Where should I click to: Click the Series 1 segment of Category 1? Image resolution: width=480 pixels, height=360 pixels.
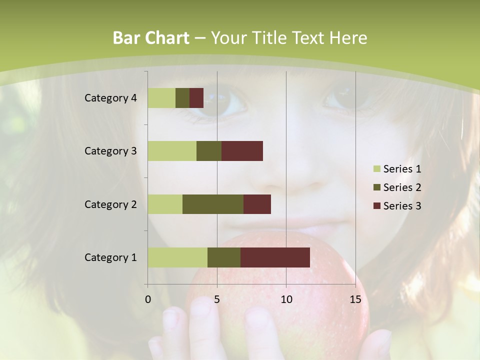177,257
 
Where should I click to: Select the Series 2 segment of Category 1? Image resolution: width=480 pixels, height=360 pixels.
224,257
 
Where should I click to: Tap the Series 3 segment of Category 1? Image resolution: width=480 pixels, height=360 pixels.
275,257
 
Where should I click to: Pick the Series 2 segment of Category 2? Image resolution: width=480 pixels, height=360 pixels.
213,204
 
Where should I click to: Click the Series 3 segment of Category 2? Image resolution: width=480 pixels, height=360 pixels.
257,204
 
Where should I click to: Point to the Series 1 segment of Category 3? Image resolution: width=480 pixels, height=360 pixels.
172,151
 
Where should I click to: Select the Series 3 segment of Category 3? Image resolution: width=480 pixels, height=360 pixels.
242,151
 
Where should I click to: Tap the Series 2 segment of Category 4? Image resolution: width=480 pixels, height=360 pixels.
182,98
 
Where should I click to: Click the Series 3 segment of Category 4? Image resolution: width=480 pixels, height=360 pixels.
196,98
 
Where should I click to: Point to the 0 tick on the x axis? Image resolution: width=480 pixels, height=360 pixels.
148,299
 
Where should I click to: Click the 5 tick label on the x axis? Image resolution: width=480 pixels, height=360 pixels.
217,299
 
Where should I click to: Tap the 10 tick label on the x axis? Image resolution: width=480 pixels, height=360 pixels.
286,299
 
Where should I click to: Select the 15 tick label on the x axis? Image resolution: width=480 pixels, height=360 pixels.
355,299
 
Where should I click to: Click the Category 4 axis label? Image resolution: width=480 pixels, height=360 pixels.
110,98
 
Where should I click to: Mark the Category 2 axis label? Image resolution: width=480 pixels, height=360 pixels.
110,204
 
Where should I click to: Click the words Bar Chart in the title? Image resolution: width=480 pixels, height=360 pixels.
151,38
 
